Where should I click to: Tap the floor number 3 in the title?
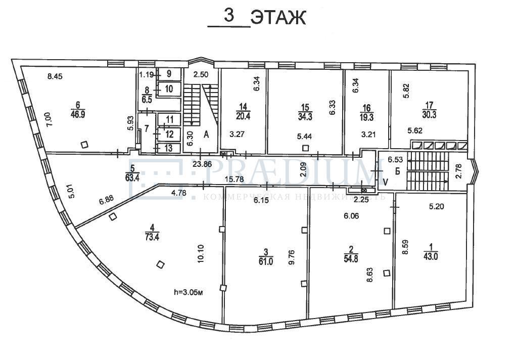229,16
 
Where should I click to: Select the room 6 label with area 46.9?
78,110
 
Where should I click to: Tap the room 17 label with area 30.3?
430,111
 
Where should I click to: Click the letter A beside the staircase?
206,135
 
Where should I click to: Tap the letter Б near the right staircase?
397,171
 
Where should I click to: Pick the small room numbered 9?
169,74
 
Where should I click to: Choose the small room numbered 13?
169,148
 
